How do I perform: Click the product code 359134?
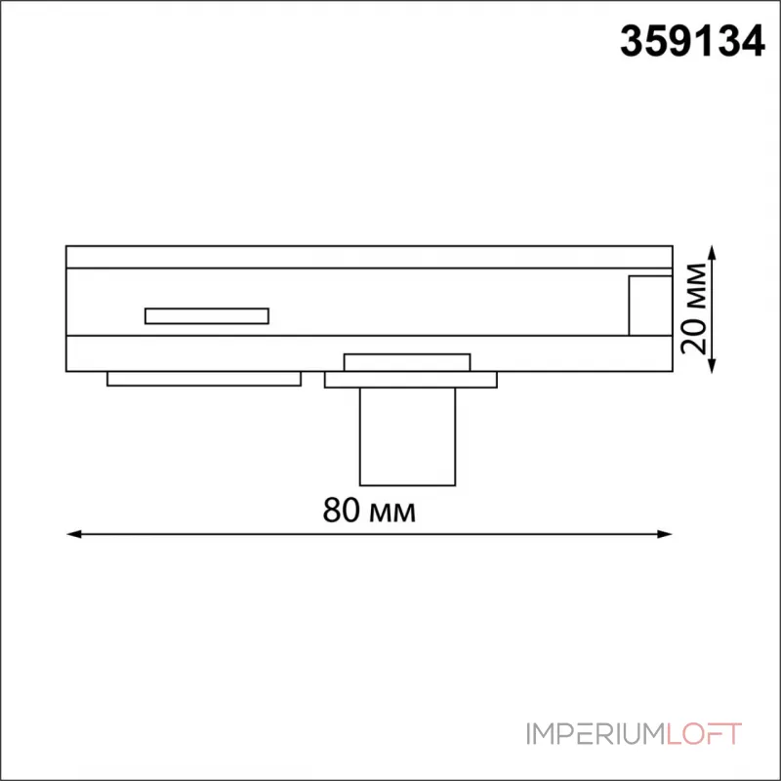[692, 41]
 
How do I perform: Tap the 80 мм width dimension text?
[369, 510]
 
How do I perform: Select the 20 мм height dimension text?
[694, 308]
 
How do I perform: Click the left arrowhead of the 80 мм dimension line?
[74, 534]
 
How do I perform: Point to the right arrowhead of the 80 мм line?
[665, 534]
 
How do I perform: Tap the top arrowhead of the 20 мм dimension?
[713, 253]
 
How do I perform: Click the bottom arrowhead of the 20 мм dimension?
[713, 365]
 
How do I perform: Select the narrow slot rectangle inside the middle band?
[207, 315]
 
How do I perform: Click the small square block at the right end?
[650, 306]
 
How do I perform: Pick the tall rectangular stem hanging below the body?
[407, 436]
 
